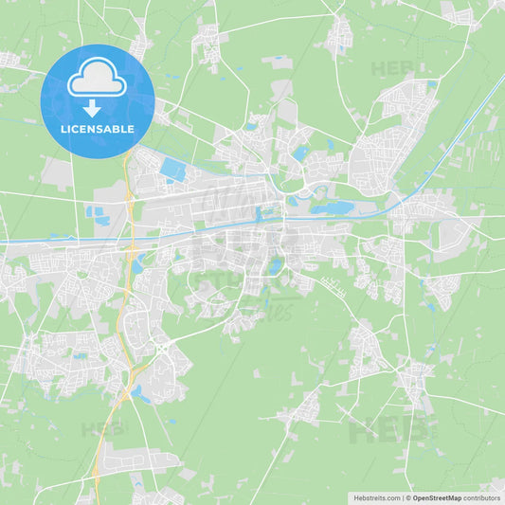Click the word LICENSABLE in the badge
click(98, 128)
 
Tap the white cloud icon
click(97, 82)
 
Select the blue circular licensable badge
click(98, 100)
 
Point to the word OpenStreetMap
click(437, 497)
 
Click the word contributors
click(482, 497)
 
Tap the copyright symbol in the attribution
click(408, 497)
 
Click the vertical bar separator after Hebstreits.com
click(403, 497)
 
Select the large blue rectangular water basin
click(173, 170)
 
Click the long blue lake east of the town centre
click(332, 207)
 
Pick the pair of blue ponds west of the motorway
click(98, 215)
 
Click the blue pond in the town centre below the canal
click(275, 267)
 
